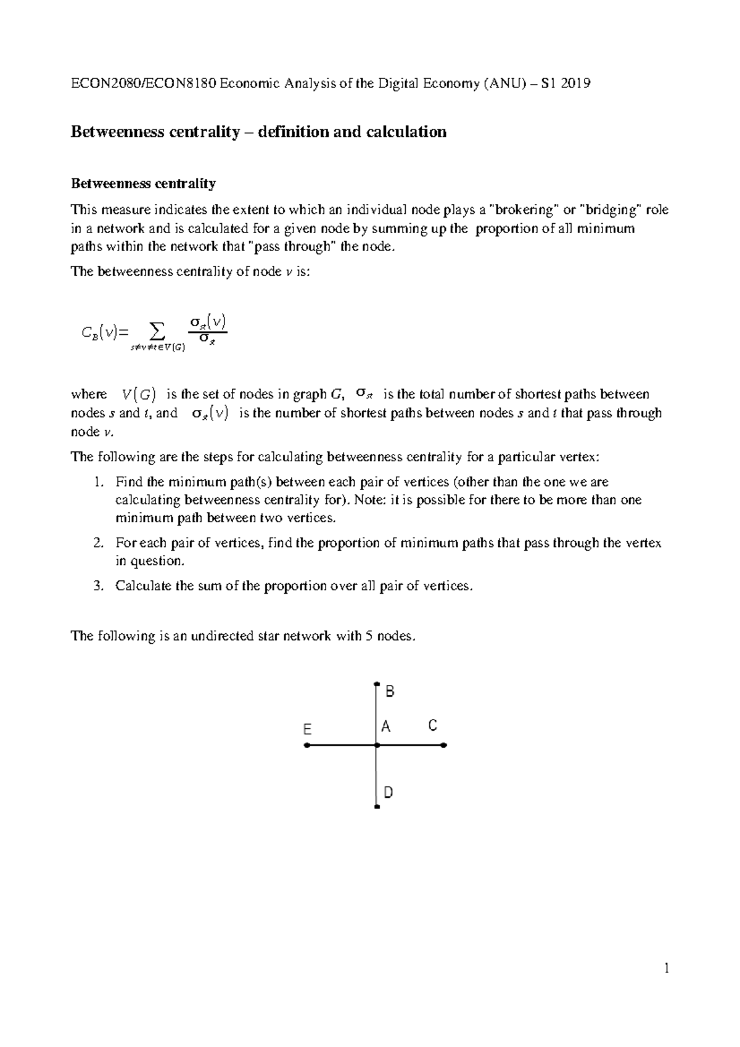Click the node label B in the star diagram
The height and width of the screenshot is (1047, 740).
(389, 691)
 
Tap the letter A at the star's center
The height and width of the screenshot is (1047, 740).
(386, 726)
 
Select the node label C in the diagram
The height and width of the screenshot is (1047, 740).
(432, 726)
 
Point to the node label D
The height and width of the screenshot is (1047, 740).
(388, 792)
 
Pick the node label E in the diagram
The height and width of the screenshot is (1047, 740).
(307, 729)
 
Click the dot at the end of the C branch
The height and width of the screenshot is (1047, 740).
(445, 745)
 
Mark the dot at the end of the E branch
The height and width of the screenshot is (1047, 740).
(306, 745)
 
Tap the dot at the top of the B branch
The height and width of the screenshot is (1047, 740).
(376, 684)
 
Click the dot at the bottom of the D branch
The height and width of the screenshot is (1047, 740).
(376, 807)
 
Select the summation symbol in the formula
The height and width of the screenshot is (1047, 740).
(158, 332)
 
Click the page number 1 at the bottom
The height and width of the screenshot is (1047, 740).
(666, 969)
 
